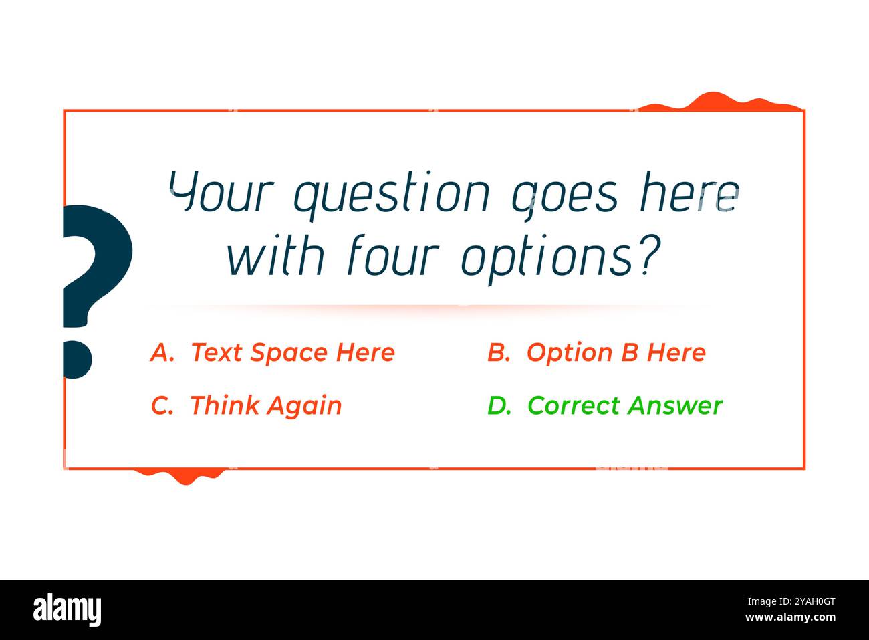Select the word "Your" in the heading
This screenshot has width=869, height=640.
tap(221, 191)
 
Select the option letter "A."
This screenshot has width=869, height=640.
tap(162, 352)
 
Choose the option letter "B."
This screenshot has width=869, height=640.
tap(499, 352)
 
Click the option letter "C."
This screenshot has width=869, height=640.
tap(162, 405)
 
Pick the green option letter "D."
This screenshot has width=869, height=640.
tap(499, 405)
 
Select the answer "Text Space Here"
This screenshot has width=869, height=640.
tap(293, 352)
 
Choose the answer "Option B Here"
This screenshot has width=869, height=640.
tap(616, 352)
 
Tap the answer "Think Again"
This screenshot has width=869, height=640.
tap(265, 405)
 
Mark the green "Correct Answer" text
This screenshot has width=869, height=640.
tap(624, 405)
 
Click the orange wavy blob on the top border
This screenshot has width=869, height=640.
tap(715, 102)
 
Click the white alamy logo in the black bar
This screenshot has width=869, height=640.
tap(67, 610)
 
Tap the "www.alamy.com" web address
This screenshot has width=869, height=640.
tap(790, 617)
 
